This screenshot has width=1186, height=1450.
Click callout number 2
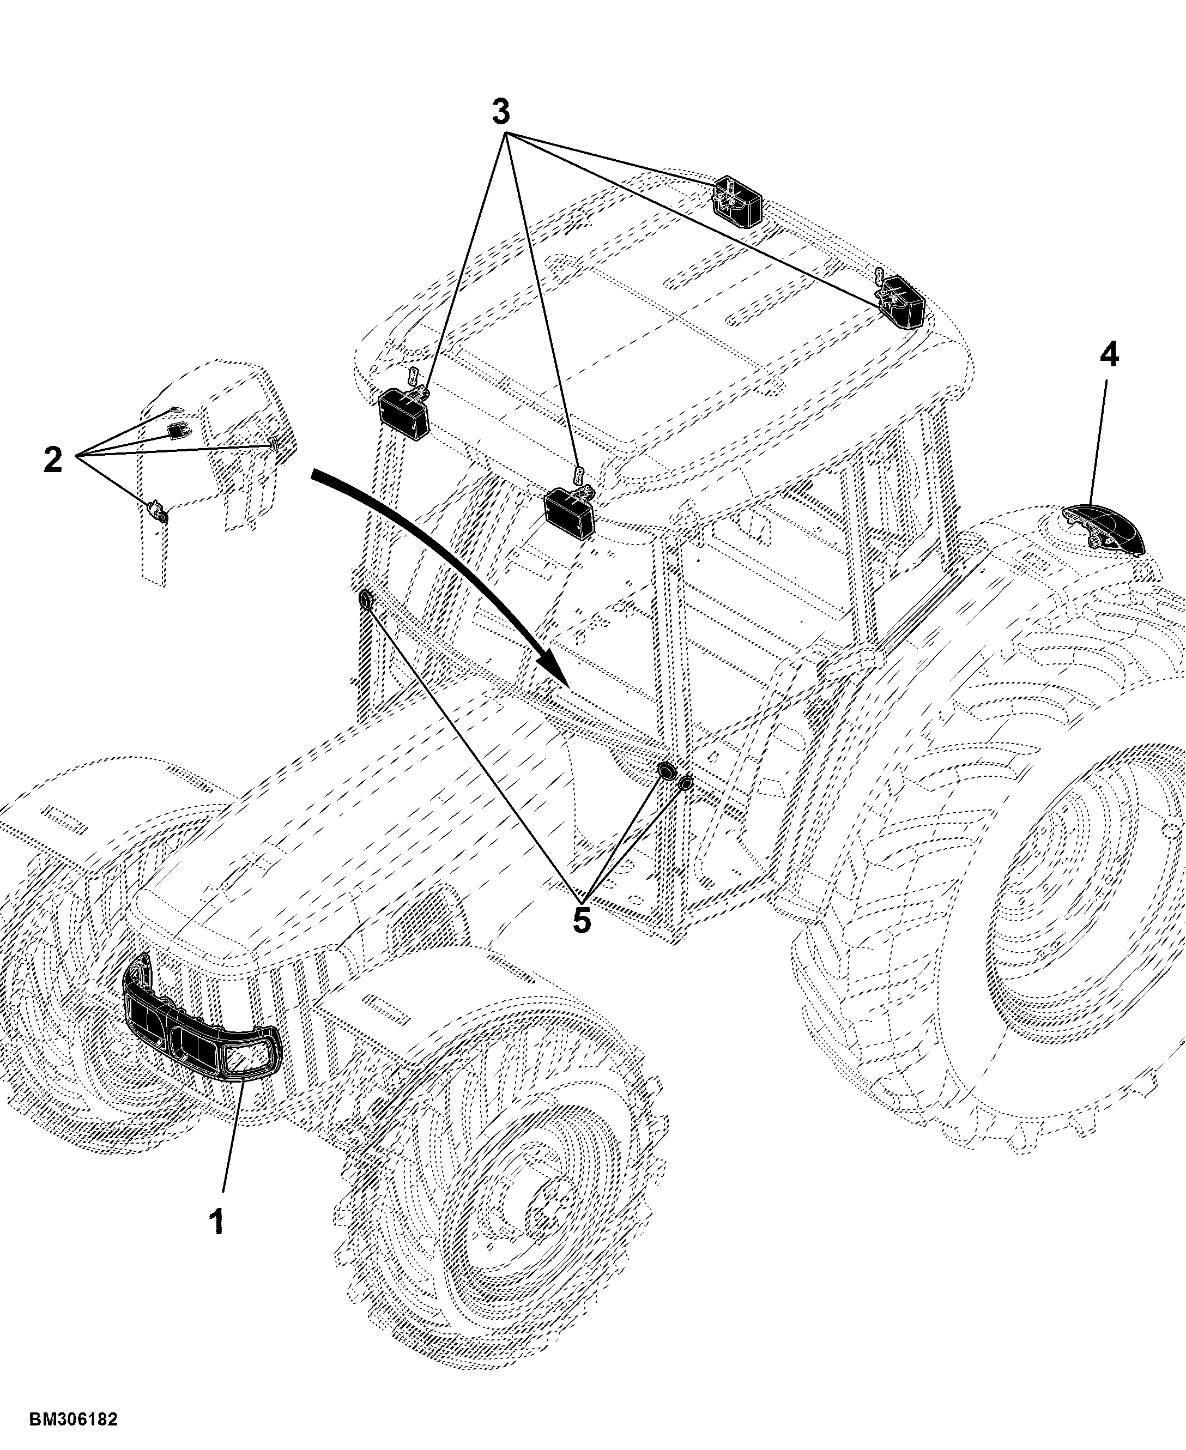53,460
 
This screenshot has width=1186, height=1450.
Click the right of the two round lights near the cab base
685,782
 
